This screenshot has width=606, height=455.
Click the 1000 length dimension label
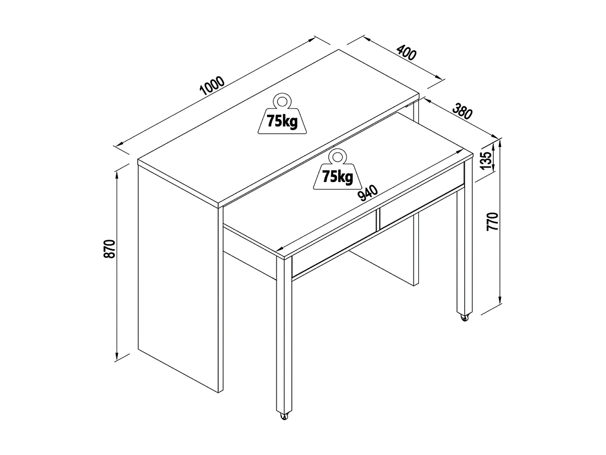click(x=212, y=86)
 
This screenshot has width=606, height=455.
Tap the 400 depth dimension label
click(x=406, y=53)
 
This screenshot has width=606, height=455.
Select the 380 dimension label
click(x=462, y=112)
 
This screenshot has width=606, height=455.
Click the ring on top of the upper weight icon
click(x=282, y=100)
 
